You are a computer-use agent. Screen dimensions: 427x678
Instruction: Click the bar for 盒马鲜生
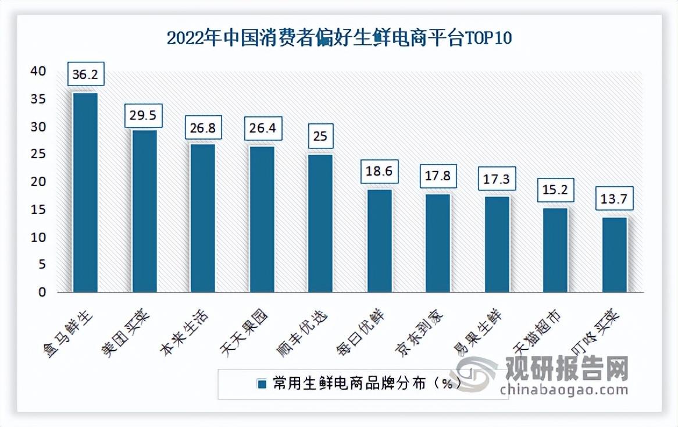pos(85,192)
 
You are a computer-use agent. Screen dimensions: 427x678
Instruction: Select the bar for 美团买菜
pos(144,211)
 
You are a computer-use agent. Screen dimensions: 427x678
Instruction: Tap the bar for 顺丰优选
pos(320,223)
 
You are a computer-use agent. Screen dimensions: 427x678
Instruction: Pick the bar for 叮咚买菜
pos(614,254)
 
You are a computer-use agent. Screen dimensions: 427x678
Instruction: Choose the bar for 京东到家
pos(437,243)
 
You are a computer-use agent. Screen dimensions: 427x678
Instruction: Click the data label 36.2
pos(85,74)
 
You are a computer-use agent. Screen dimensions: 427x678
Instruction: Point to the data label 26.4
pos(262,127)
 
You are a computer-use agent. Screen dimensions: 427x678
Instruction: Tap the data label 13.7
pos(613,200)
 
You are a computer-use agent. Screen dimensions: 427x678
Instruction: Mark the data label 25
pos(320,137)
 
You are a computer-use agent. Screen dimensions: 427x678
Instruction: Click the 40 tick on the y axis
pos(38,71)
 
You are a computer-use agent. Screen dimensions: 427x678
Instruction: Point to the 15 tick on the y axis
pos(38,209)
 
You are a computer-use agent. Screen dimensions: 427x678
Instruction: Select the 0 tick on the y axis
pos(41,293)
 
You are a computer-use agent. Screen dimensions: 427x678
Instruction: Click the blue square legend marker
pos(262,384)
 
